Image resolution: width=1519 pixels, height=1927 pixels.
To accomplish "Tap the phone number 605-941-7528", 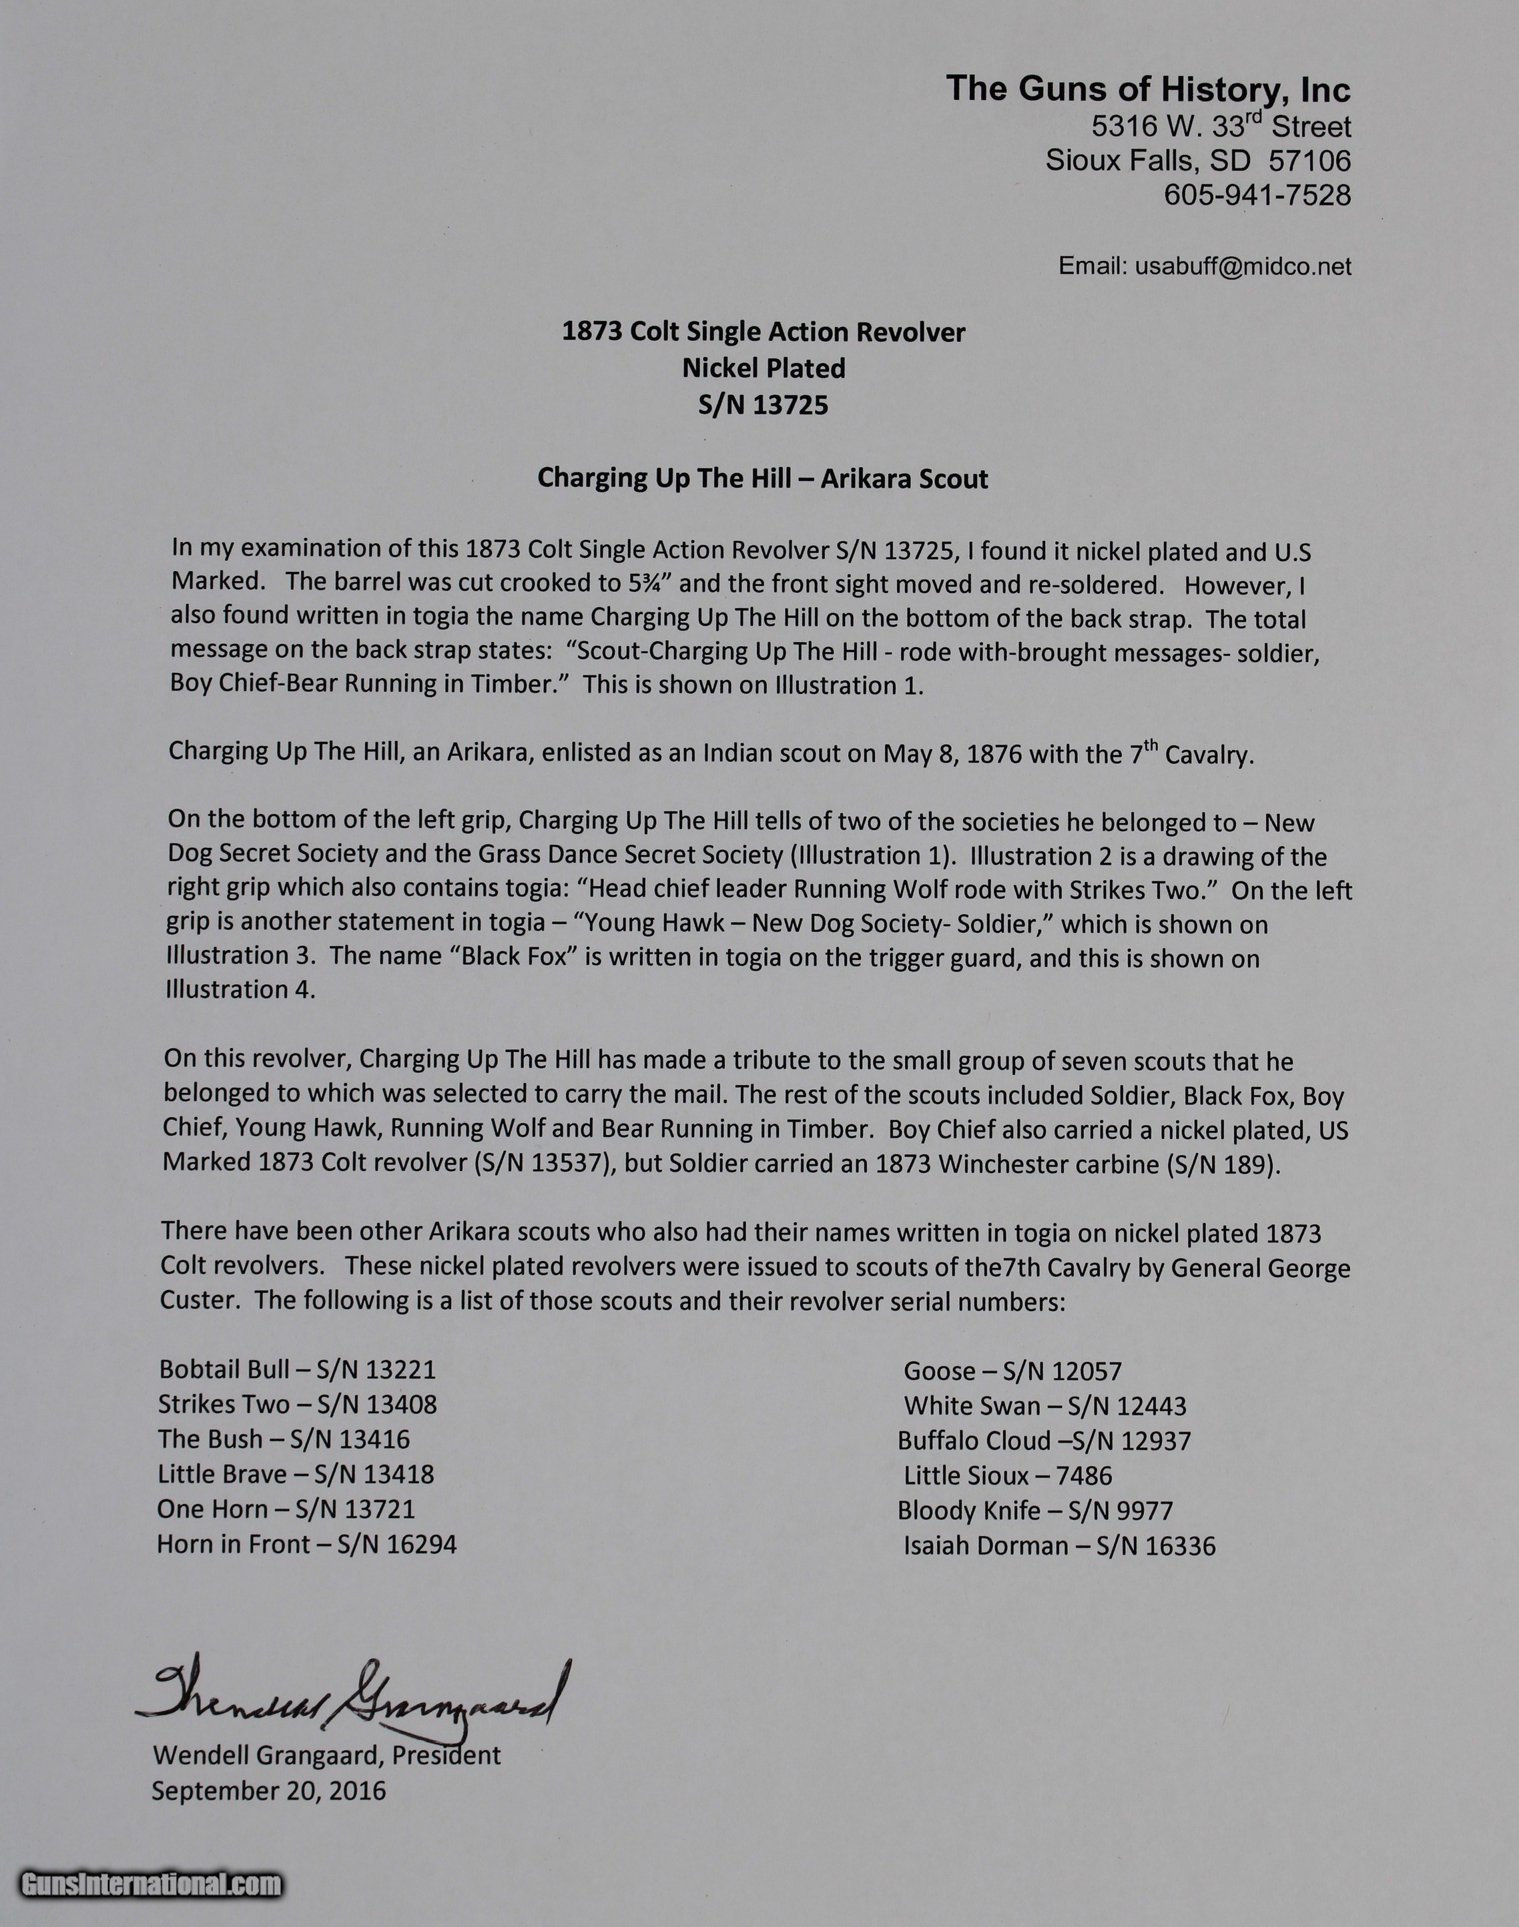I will (x=1257, y=195).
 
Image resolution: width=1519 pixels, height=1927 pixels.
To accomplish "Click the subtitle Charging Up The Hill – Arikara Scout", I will (x=762, y=478).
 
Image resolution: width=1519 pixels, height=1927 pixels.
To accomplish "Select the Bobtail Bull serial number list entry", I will (x=297, y=1369).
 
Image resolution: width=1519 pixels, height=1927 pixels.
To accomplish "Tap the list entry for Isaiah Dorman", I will (x=1058, y=1545).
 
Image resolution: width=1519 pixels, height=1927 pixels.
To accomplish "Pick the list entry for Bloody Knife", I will (x=1034, y=1510).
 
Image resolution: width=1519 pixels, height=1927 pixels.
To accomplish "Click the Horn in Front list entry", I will (x=306, y=1544).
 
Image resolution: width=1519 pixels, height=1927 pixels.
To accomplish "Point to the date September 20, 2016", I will (x=268, y=1790).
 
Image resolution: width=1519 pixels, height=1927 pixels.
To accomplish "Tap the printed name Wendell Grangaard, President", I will (x=326, y=1754).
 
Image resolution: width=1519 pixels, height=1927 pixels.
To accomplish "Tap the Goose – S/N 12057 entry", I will (x=1012, y=1371).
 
